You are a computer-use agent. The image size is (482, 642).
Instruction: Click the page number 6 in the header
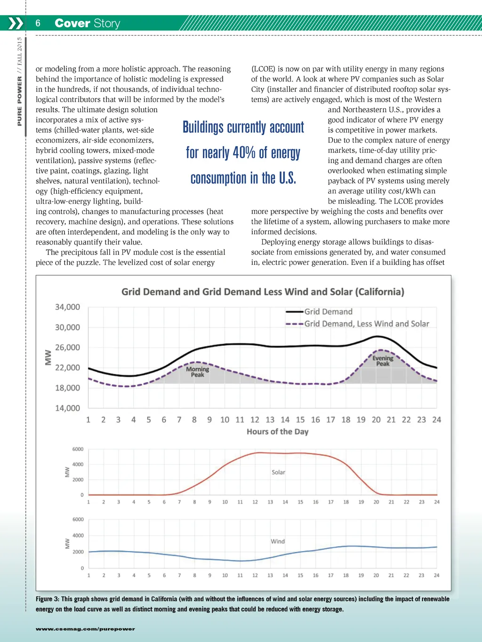click(x=38, y=23)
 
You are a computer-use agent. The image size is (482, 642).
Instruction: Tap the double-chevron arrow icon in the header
click(x=16, y=23)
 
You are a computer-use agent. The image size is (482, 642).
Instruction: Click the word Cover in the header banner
click(x=72, y=23)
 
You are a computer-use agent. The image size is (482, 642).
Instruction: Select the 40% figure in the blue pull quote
click(x=244, y=152)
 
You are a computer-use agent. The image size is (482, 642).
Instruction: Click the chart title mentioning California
click(x=263, y=292)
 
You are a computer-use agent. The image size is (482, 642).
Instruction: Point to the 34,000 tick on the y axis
click(x=67, y=307)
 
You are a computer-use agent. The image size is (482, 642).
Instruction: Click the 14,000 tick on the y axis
click(x=67, y=408)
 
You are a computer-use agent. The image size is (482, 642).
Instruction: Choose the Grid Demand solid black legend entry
click(x=328, y=311)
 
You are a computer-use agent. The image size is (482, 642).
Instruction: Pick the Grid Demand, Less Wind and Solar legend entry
click(x=366, y=324)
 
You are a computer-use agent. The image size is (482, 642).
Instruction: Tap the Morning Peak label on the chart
click(x=198, y=372)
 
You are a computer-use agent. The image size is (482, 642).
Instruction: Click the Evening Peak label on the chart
click(x=383, y=361)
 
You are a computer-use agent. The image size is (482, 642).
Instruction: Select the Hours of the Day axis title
click(x=277, y=432)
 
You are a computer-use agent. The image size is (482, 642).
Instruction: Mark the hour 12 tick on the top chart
click(x=255, y=420)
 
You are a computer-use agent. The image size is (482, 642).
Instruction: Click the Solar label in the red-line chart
click(x=278, y=472)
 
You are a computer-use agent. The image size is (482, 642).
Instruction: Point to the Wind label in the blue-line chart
click(x=278, y=541)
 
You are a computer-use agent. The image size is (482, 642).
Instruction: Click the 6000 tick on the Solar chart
click(x=78, y=449)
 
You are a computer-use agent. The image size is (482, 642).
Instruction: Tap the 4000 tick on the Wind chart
click(x=78, y=536)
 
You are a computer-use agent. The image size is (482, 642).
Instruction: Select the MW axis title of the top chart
click(x=48, y=357)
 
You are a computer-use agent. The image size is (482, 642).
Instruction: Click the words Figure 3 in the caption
click(x=47, y=599)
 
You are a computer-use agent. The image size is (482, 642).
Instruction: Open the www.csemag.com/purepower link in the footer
click(x=85, y=629)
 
